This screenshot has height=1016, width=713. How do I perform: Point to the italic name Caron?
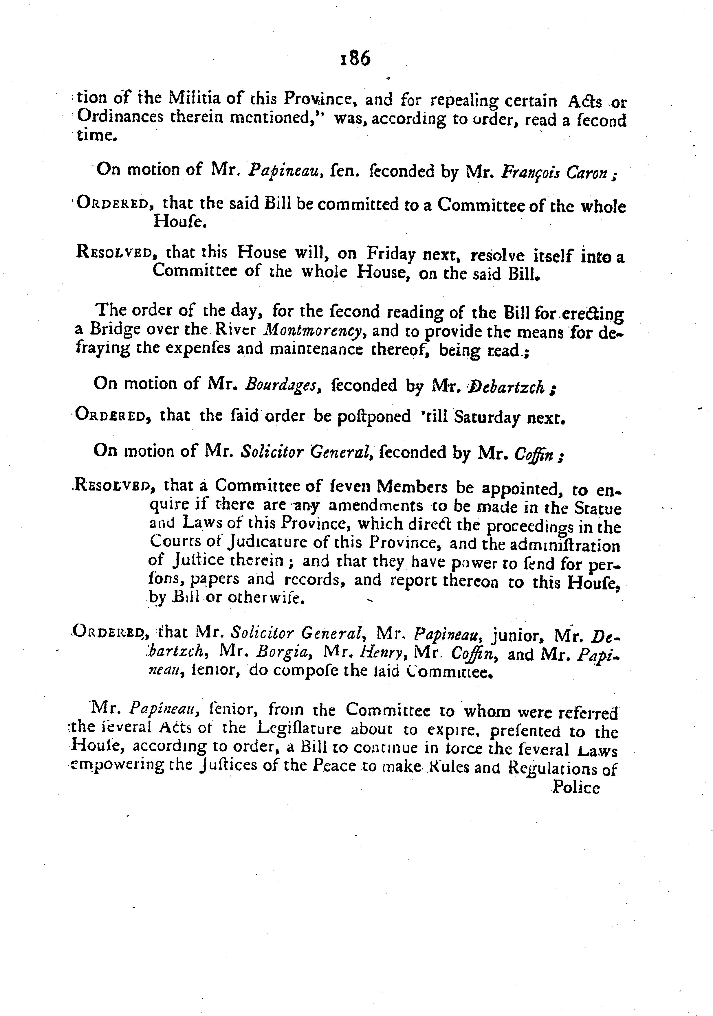(x=587, y=172)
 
